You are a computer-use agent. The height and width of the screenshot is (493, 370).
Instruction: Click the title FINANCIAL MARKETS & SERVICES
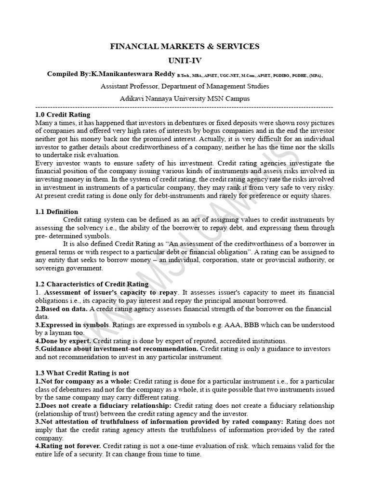click(x=185, y=47)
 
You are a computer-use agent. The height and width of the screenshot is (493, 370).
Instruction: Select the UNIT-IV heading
click(x=185, y=61)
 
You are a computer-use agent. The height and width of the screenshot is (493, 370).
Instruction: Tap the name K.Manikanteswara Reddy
click(x=133, y=74)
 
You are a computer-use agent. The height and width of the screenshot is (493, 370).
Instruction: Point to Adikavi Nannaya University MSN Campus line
click(x=185, y=98)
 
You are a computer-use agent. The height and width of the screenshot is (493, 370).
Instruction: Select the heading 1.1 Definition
click(x=56, y=212)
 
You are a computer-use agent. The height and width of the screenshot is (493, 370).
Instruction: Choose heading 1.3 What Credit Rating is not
click(x=82, y=373)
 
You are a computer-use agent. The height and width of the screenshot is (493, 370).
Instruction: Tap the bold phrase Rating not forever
click(x=68, y=446)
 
